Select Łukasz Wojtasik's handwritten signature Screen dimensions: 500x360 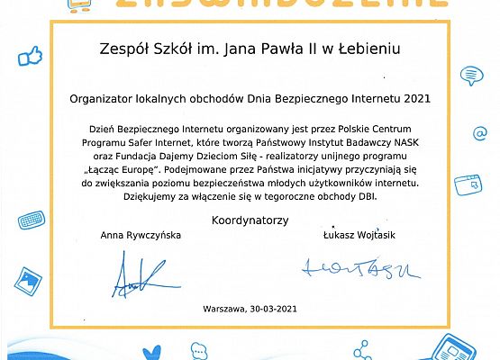pos(357,266)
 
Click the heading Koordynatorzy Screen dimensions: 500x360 pos(249,220)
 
